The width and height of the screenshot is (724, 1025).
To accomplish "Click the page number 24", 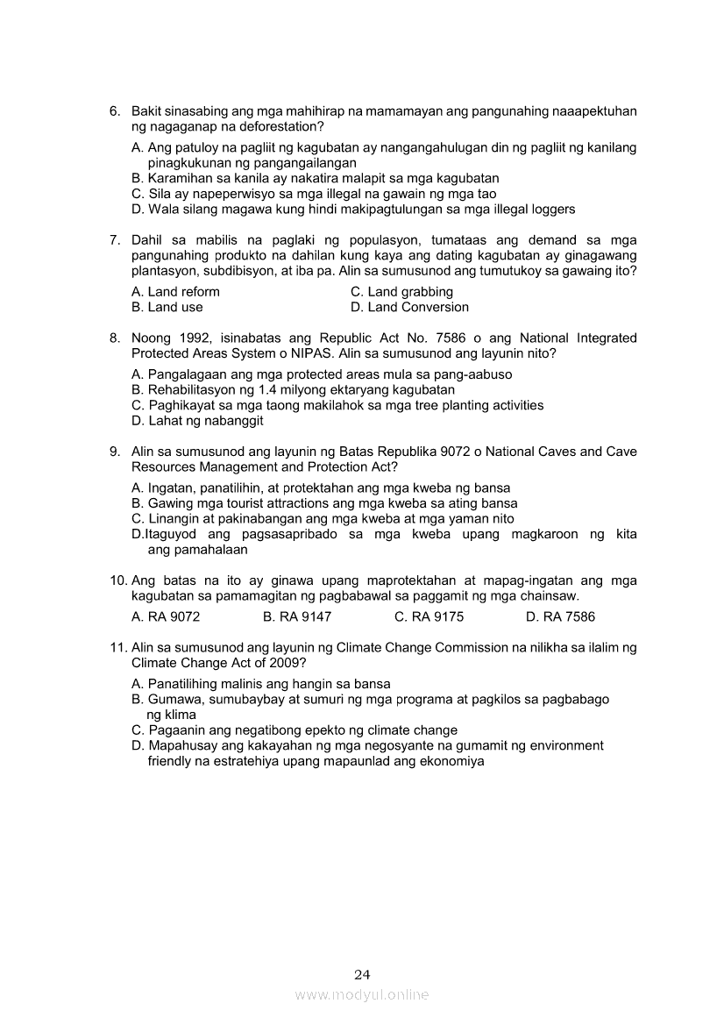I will (x=363, y=974).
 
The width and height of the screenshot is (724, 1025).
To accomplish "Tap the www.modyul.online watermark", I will (x=362, y=995).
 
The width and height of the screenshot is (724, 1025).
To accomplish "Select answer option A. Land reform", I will (x=175, y=292).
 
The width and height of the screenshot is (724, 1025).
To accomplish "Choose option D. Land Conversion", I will (x=409, y=308).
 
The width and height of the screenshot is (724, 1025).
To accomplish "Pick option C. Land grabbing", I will (x=401, y=292).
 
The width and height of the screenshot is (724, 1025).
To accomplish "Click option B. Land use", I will (x=167, y=308).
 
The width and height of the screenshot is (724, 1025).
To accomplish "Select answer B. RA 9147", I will (x=297, y=617).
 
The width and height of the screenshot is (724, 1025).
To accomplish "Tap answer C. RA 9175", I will (x=429, y=617).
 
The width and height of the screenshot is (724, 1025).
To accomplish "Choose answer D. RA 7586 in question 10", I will (x=560, y=617).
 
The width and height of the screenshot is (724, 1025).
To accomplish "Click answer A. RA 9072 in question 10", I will (x=166, y=617).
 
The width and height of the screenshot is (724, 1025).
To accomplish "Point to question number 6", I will (x=115, y=112).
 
